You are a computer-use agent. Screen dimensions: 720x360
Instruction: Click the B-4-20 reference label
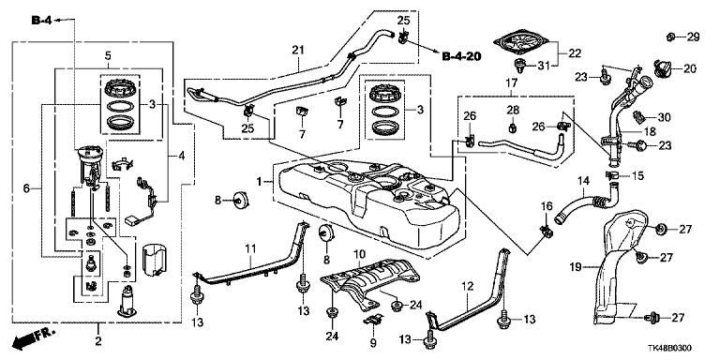461,56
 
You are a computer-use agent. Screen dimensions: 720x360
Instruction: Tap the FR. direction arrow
33,337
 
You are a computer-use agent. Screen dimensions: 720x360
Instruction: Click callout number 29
693,37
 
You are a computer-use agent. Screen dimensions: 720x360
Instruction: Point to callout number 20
690,69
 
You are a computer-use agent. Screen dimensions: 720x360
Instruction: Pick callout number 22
575,53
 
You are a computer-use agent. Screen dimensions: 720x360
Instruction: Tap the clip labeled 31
519,67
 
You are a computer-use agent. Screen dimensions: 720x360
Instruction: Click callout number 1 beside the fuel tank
260,182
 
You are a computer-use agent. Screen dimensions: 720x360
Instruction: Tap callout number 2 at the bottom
97,341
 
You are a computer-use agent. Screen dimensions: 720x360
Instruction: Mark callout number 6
26,188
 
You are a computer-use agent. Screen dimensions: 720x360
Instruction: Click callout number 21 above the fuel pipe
298,50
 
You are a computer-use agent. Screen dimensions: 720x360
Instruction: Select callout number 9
373,342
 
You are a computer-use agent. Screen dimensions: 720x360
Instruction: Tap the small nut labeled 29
671,37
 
